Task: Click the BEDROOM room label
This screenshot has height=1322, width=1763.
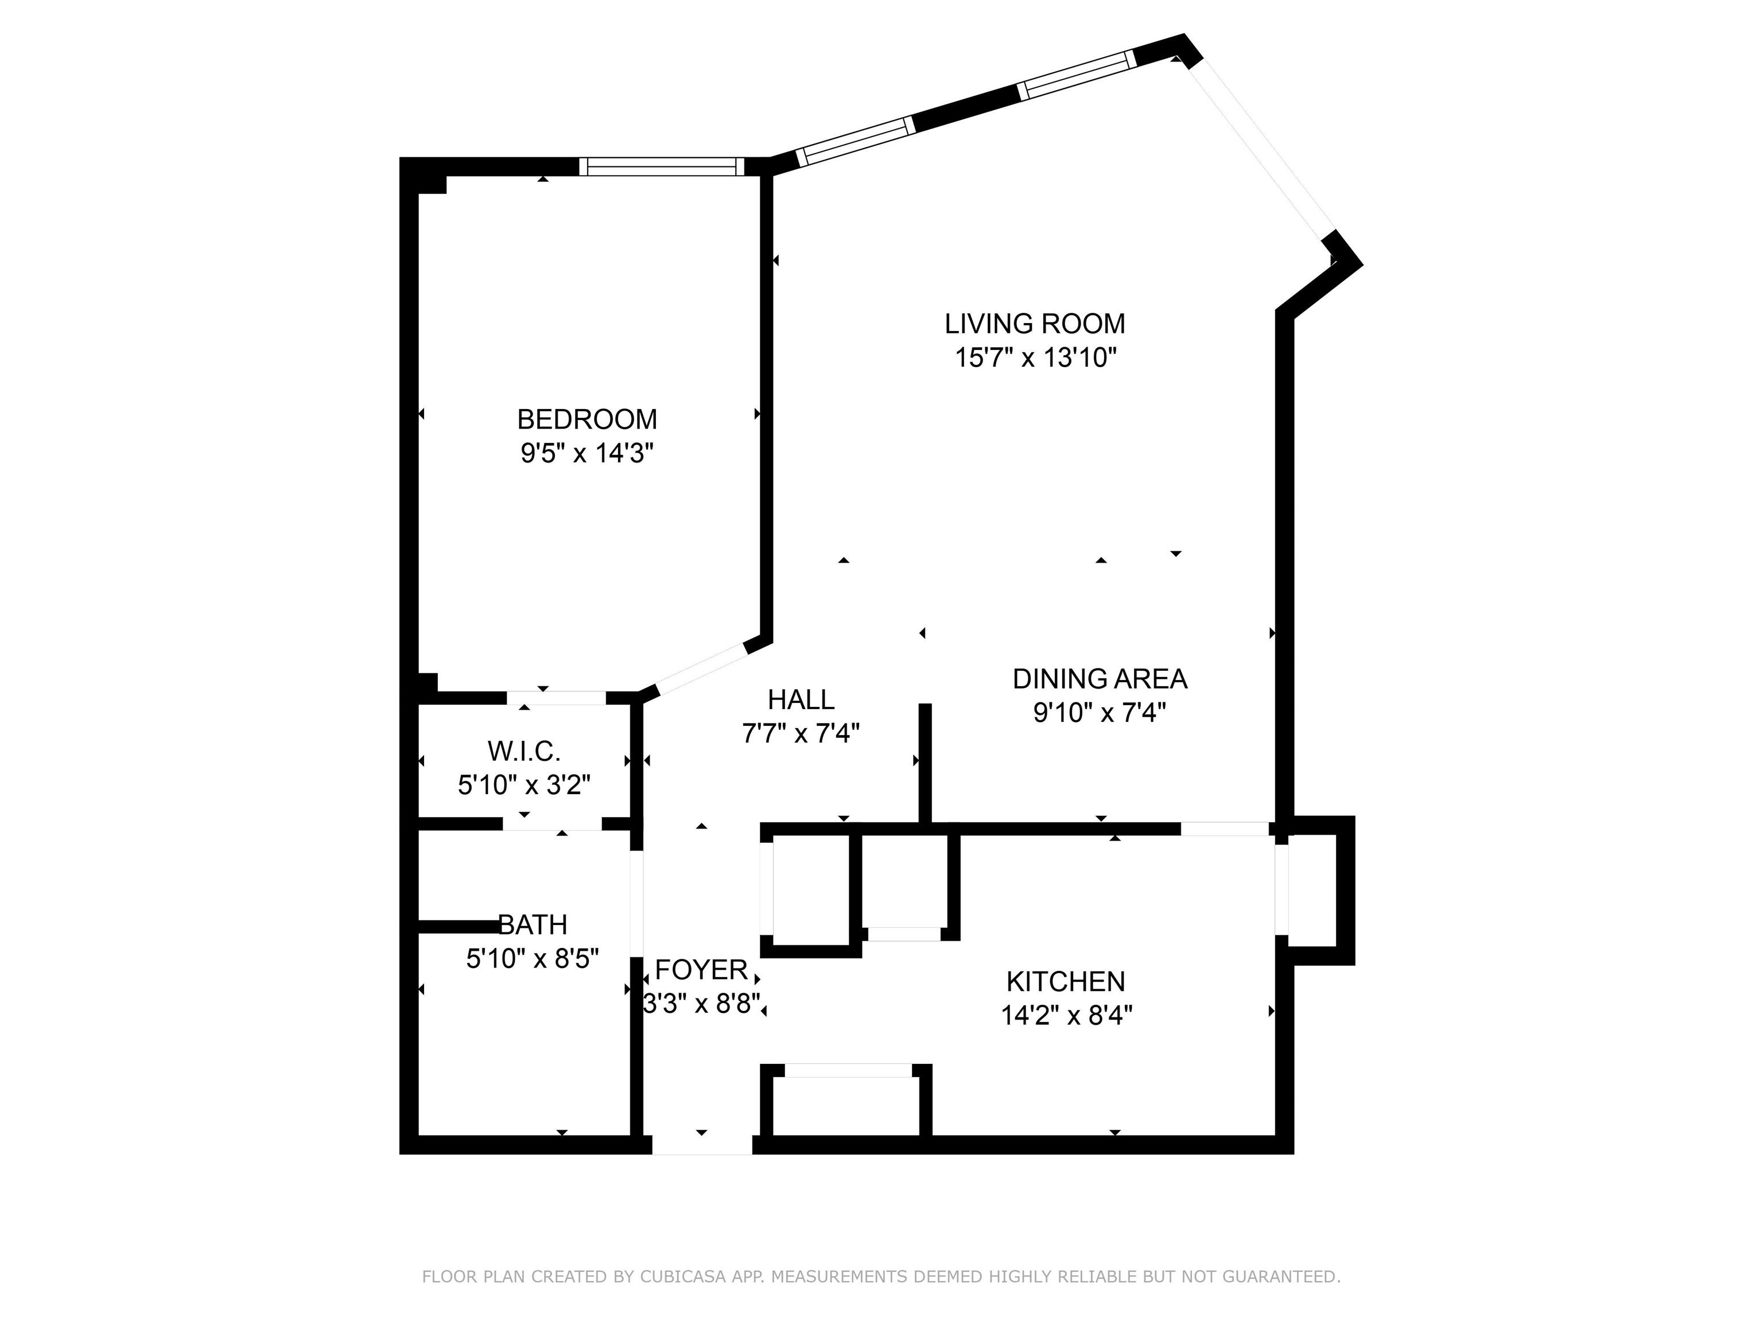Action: click(x=588, y=419)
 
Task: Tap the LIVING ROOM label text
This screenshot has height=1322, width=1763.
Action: click(x=1035, y=324)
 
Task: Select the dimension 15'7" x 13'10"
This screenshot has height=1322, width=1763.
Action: click(x=1035, y=358)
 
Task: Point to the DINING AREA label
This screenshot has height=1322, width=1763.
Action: click(x=1100, y=679)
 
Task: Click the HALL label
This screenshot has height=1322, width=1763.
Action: click(x=801, y=699)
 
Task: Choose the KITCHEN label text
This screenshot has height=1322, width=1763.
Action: click(x=1066, y=981)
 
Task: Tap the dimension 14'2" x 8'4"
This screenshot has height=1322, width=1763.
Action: click(x=1066, y=1015)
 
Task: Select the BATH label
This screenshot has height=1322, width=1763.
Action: click(x=533, y=924)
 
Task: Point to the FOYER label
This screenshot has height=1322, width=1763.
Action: click(x=701, y=970)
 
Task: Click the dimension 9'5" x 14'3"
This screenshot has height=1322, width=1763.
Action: click(x=588, y=453)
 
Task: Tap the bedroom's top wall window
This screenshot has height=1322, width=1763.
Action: click(x=662, y=166)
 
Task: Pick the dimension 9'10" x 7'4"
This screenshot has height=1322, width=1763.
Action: click(x=1100, y=713)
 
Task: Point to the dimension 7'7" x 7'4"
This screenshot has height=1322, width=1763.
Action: click(x=801, y=733)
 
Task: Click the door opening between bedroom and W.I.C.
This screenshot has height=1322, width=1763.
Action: click(x=556, y=698)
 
